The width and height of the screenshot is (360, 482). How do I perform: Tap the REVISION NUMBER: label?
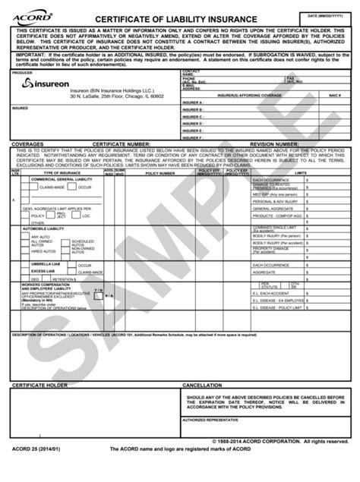point(275,143)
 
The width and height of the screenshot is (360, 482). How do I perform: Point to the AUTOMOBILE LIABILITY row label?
point(46,228)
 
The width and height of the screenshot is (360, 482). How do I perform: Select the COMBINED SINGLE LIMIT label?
point(273,228)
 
